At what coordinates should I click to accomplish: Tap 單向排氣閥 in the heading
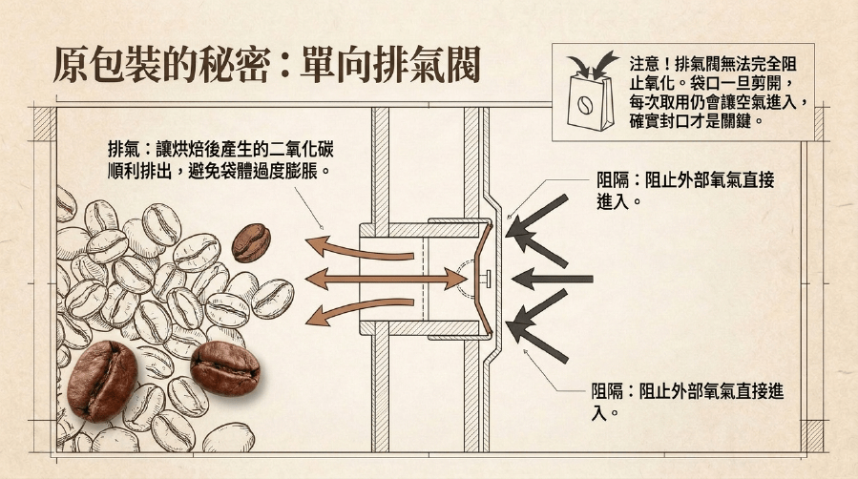tap(390, 64)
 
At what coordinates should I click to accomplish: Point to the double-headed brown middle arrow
tap(386, 279)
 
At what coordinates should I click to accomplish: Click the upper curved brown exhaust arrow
tap(360, 248)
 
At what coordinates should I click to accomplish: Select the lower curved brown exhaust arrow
tap(360, 310)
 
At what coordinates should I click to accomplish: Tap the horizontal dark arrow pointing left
tap(553, 279)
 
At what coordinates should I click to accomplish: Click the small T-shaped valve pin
tap(486, 279)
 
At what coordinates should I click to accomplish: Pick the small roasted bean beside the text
tap(251, 242)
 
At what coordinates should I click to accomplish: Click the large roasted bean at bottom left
tap(102, 381)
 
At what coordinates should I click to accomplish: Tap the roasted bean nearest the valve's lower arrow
tap(225, 368)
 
